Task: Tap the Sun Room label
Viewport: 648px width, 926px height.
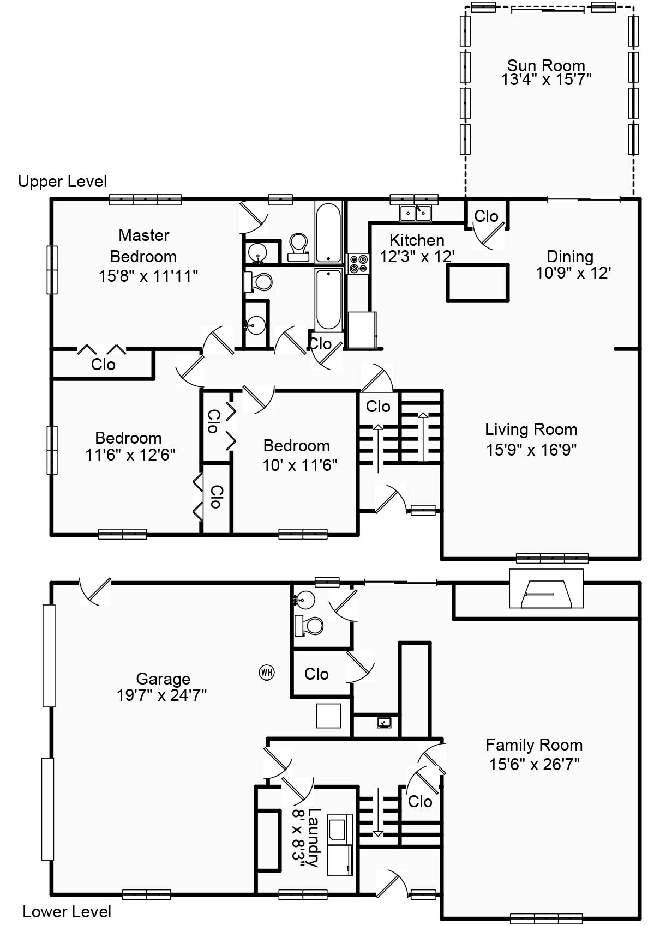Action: (x=546, y=65)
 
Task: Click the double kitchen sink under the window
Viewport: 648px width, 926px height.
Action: (x=415, y=213)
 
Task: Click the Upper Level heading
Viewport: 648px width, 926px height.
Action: (x=63, y=181)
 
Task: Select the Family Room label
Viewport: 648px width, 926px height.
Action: (x=534, y=745)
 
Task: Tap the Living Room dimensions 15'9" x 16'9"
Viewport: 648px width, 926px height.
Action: (x=531, y=450)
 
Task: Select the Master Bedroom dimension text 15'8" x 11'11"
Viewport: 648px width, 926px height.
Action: (x=148, y=276)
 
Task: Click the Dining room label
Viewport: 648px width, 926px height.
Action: (x=570, y=256)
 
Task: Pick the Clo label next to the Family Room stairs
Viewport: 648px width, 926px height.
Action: (x=419, y=802)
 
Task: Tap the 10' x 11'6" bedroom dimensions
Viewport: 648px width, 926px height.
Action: (x=300, y=465)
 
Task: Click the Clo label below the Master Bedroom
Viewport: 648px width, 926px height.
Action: (x=103, y=365)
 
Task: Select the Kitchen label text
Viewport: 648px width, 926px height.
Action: (x=417, y=240)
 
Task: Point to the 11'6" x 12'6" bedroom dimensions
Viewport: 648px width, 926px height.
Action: (x=130, y=455)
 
